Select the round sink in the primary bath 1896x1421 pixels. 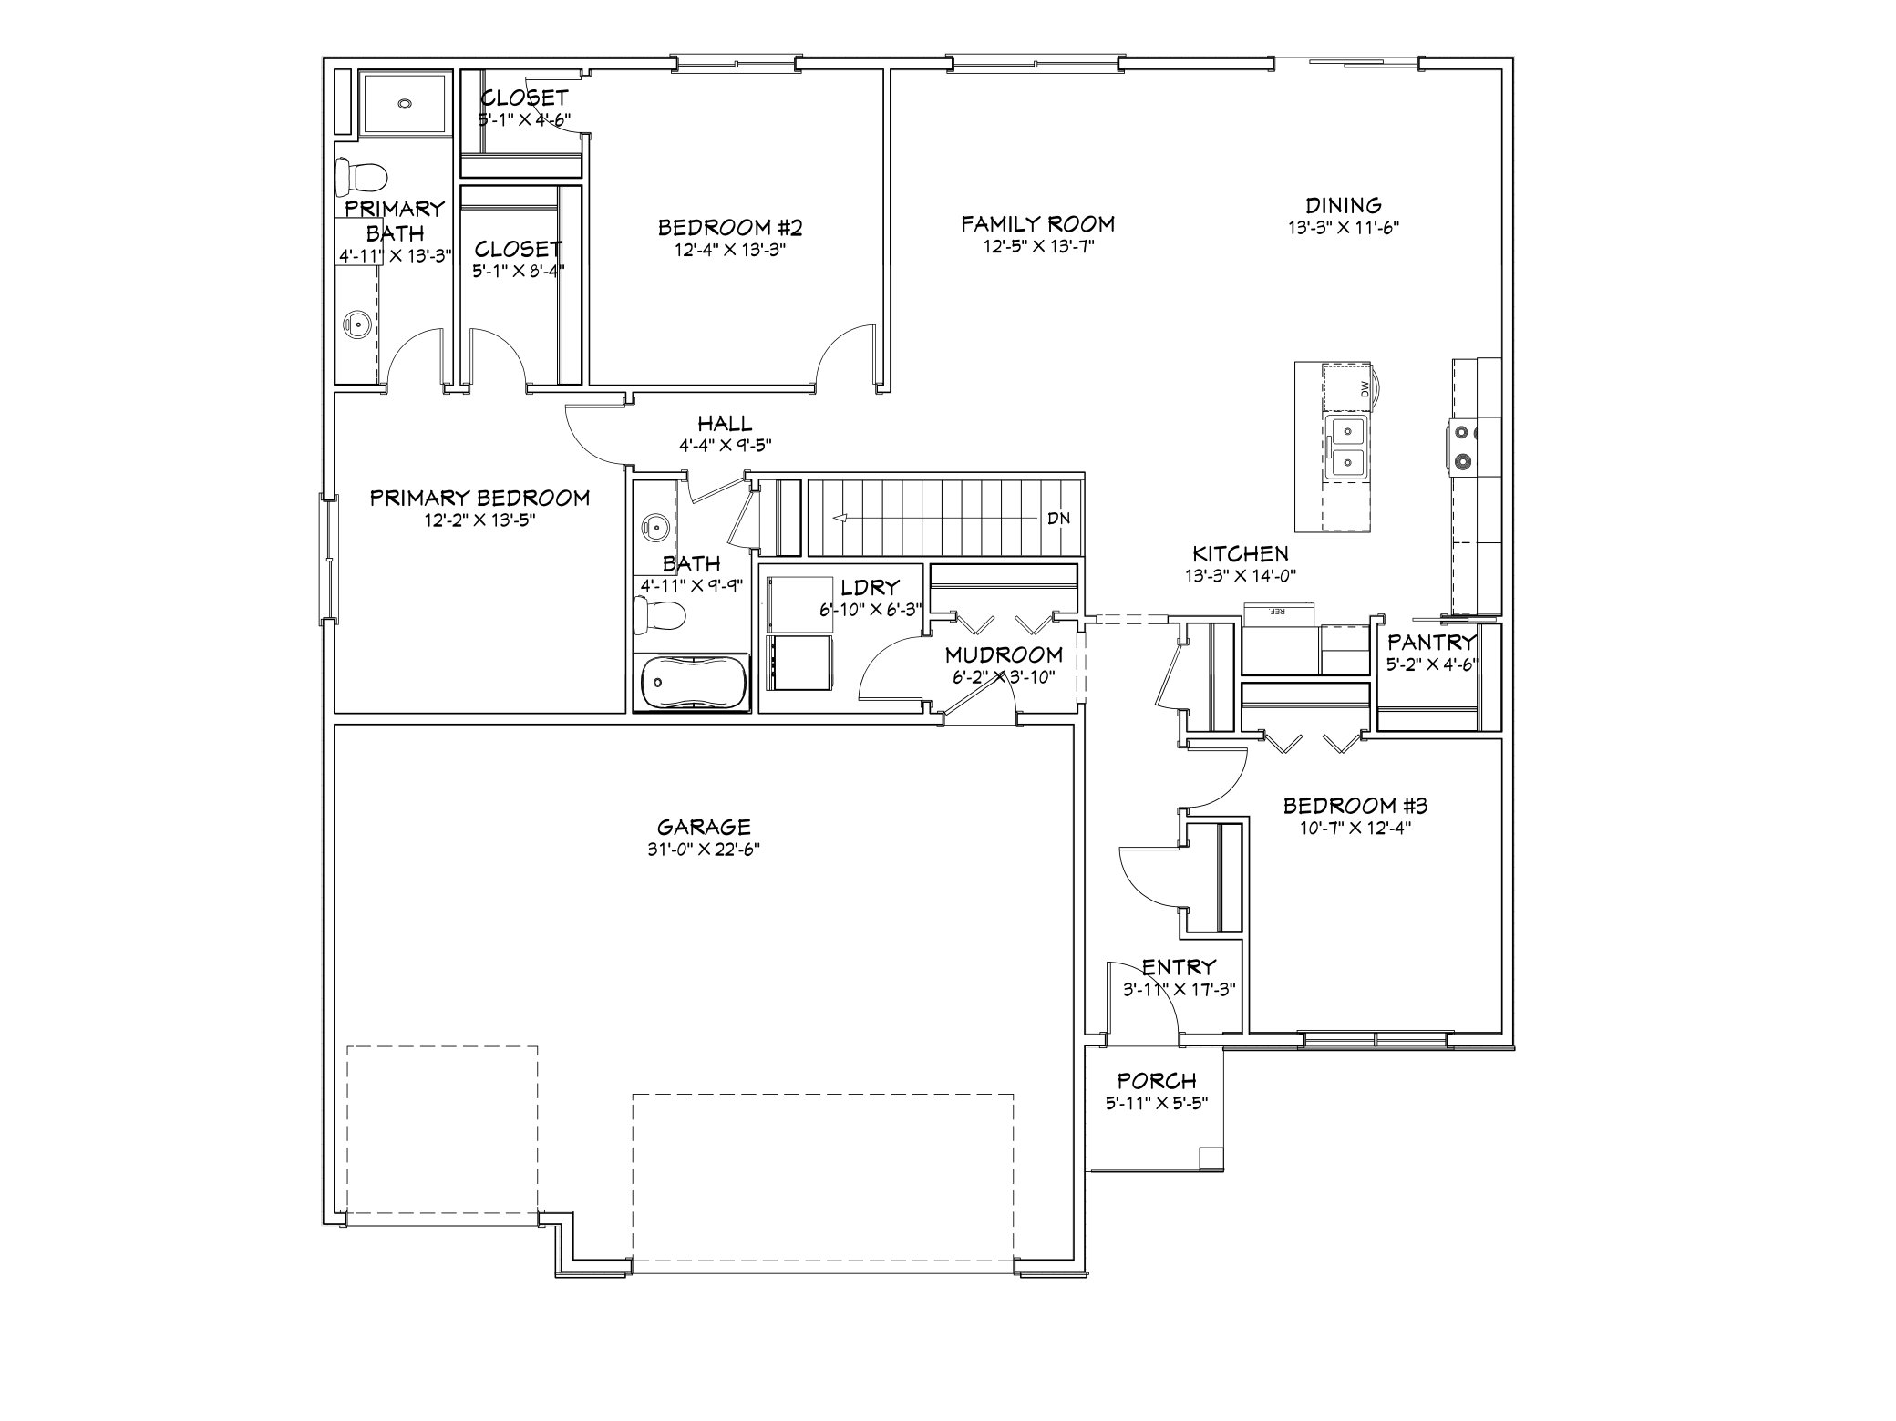[355, 323]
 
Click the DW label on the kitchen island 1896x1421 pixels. [1365, 389]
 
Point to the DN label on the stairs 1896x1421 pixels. [1058, 519]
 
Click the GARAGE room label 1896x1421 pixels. [704, 827]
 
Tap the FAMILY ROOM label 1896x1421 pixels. [1038, 224]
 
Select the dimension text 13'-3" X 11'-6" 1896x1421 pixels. [1344, 228]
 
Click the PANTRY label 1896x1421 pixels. [1431, 643]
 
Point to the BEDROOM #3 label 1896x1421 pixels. [1355, 806]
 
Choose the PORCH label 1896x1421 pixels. [1157, 1081]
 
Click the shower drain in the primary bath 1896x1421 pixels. [405, 105]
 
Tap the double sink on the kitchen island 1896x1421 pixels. [1347, 447]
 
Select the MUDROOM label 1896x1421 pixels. [1004, 655]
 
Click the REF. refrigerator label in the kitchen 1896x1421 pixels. [1276, 611]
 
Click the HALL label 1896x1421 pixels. [725, 424]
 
